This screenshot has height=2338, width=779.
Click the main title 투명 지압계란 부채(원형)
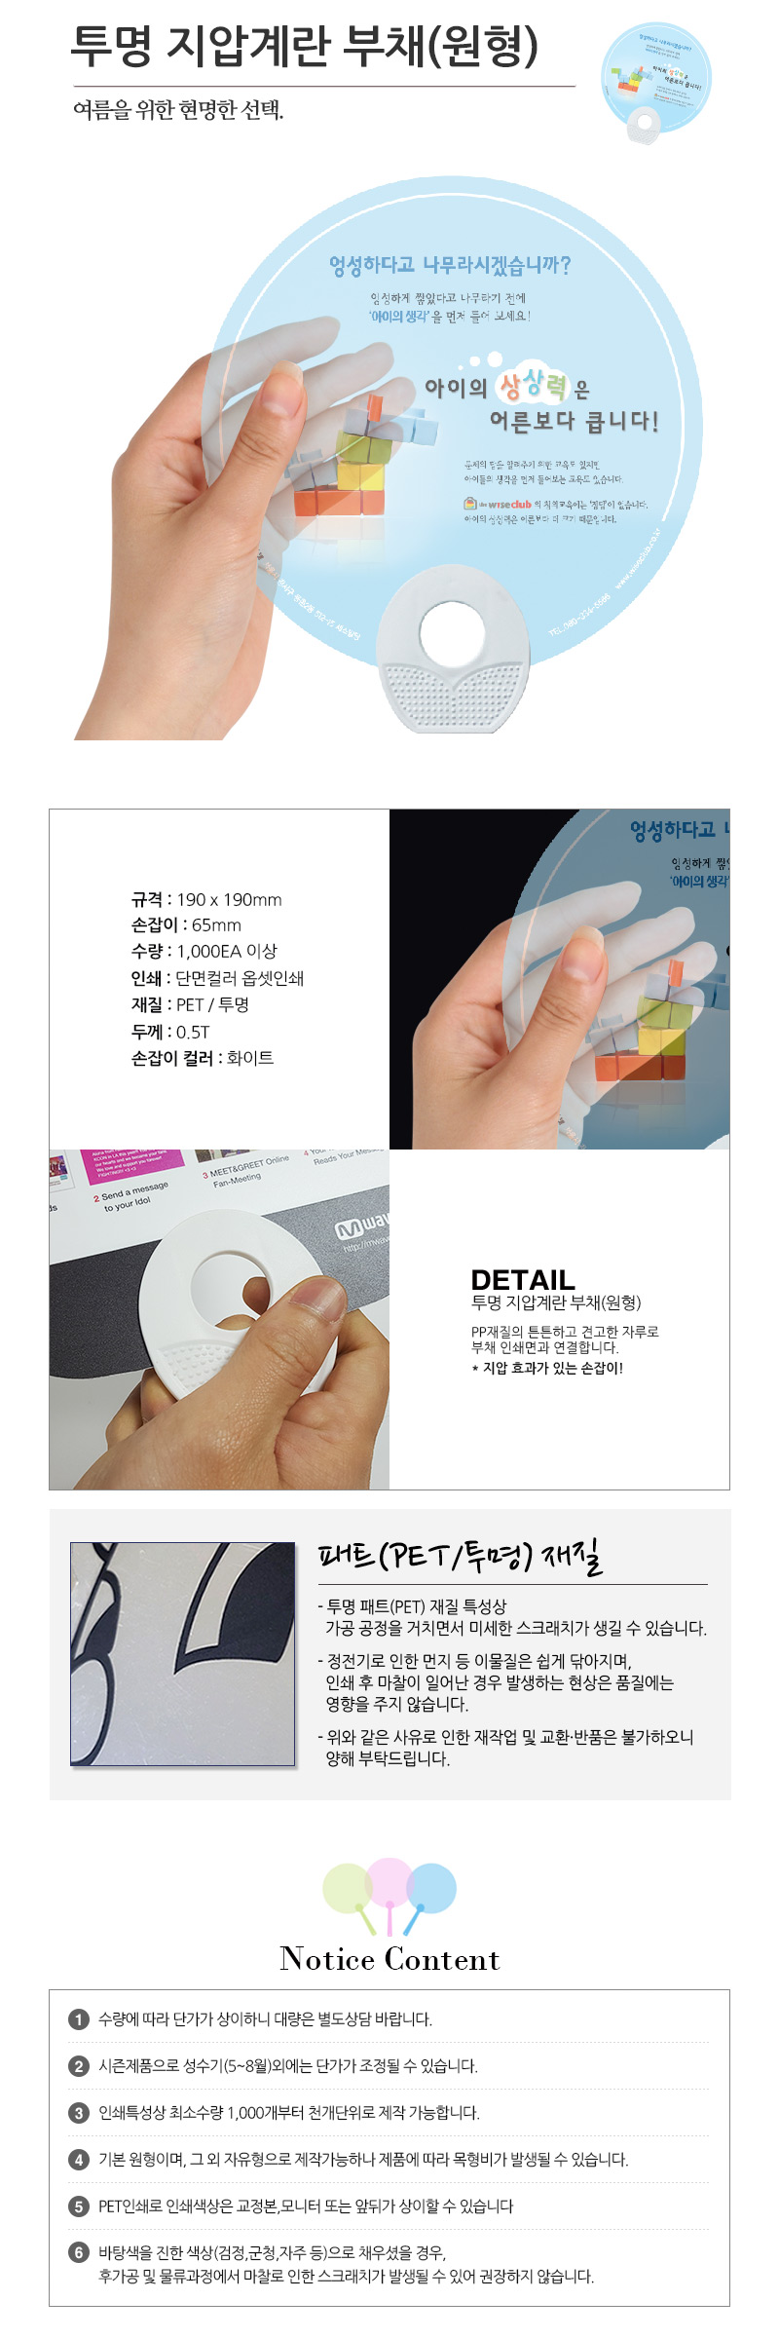tap(305, 46)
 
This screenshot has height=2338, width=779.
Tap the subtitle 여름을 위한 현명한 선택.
tap(178, 110)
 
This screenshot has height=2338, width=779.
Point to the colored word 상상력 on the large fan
tap(533, 387)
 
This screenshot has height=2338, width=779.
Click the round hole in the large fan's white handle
tap(452, 635)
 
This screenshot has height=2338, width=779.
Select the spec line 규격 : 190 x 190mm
tap(206, 899)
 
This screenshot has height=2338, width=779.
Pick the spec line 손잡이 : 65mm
tap(186, 925)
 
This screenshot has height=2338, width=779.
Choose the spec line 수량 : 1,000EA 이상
tap(204, 952)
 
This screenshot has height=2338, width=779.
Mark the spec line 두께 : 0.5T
tap(170, 1032)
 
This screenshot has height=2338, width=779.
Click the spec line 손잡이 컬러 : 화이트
tap(203, 1058)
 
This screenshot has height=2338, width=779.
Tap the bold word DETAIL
tap(523, 1280)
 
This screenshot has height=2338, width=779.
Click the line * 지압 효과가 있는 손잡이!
tap(547, 1368)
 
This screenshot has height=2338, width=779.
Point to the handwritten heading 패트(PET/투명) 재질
tap(460, 1556)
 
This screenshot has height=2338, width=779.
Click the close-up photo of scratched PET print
tap(182, 1653)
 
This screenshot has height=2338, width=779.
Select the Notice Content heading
tap(389, 1959)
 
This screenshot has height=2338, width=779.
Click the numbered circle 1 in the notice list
tap(79, 2019)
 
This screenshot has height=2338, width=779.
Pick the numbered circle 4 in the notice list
tap(79, 2160)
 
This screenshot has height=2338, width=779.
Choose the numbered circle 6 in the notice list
tap(79, 2253)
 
